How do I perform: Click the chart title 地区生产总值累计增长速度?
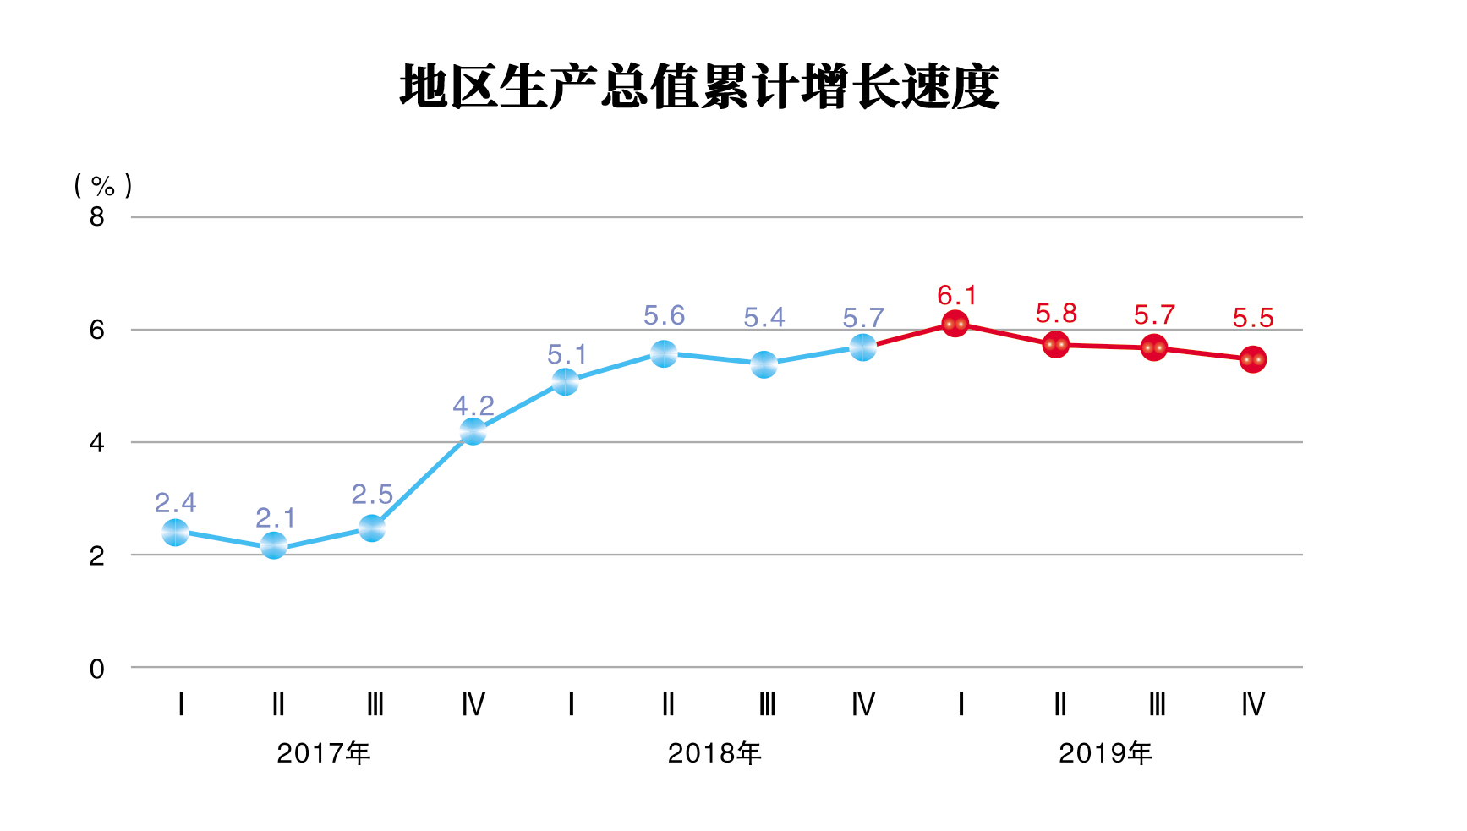[699, 87]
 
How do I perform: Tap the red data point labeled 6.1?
[955, 324]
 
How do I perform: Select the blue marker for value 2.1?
[273, 546]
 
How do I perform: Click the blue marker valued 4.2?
[473, 431]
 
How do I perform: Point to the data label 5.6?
[664, 316]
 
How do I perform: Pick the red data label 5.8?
[1056, 314]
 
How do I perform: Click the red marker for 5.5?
[1252, 360]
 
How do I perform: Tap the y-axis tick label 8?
[97, 217]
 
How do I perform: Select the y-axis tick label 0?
[97, 670]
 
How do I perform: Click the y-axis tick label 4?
[97, 443]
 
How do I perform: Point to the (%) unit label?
[103, 185]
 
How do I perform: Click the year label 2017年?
[323, 753]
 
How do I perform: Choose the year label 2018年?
[714, 753]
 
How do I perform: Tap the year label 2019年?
[1105, 753]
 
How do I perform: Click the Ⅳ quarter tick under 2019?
[1252, 704]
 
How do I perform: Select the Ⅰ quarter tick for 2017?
[181, 704]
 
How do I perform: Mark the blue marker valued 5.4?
[764, 365]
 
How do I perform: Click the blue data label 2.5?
[372, 495]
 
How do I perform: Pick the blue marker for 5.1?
[565, 382]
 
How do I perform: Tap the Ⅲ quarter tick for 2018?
[766, 704]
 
